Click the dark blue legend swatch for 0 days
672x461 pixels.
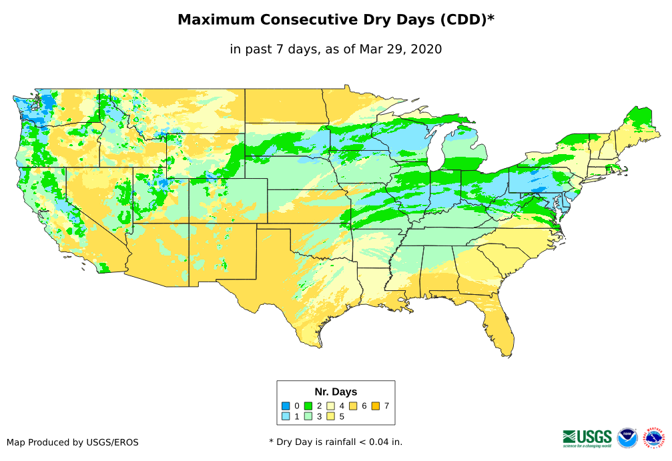click(286, 406)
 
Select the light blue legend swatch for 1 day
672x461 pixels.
click(286, 417)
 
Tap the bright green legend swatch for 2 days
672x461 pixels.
click(308, 406)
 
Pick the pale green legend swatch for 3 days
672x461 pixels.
click(308, 417)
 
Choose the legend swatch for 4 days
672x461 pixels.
click(331, 406)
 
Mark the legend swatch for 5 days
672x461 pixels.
click(331, 417)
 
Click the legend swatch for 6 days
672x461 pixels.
click(354, 406)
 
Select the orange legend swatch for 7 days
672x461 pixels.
click(376, 406)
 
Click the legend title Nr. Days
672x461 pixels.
click(336, 392)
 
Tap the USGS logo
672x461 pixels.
click(587, 438)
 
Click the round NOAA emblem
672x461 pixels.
click(627, 438)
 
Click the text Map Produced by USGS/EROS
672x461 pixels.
click(73, 442)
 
